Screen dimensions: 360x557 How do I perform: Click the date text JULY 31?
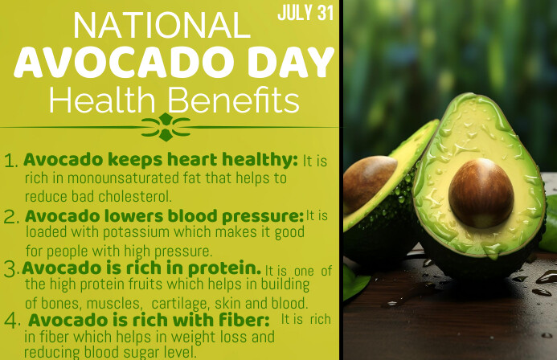coord(305,14)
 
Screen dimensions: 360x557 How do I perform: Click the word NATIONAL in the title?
coord(162,27)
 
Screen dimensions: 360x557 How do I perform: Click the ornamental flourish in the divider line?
coord(166,126)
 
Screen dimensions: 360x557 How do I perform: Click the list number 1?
coord(11,161)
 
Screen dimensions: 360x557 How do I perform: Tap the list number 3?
coord(11,268)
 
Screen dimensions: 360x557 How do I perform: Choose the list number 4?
coord(12,321)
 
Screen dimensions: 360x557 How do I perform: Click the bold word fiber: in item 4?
coord(238,320)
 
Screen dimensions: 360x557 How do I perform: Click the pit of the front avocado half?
coord(481,192)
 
